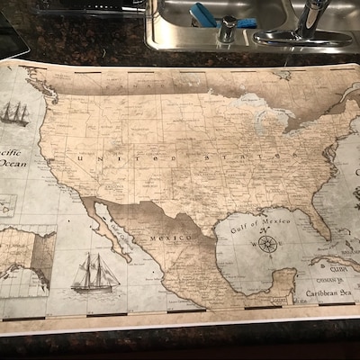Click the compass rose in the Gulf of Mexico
pyautogui.click(x=267, y=243)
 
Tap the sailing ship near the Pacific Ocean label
pyautogui.click(x=14, y=113)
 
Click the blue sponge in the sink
pyautogui.click(x=202, y=15)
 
